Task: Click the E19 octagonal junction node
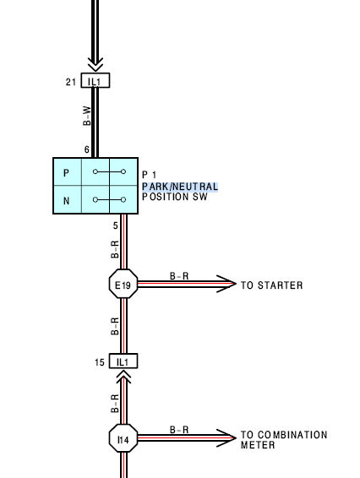pos(123,284)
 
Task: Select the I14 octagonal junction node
pos(123,438)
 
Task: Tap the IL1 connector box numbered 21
pos(95,80)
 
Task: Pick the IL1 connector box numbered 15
pos(123,361)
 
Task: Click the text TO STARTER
pos(272,285)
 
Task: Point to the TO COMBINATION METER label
pos(284,440)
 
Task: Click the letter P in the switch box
pos(66,173)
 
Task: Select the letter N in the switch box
pos(66,201)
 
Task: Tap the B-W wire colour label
pos(87,116)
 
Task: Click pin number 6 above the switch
pos(87,149)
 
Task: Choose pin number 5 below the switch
pos(115,225)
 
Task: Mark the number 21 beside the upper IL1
pos(71,82)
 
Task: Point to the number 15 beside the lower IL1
pos(100,362)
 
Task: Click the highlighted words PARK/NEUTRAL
pos(180,187)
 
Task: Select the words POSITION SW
pos(175,197)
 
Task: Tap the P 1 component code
pos(150,175)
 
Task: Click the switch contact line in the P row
pos(109,172)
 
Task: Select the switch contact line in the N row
pos(109,199)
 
